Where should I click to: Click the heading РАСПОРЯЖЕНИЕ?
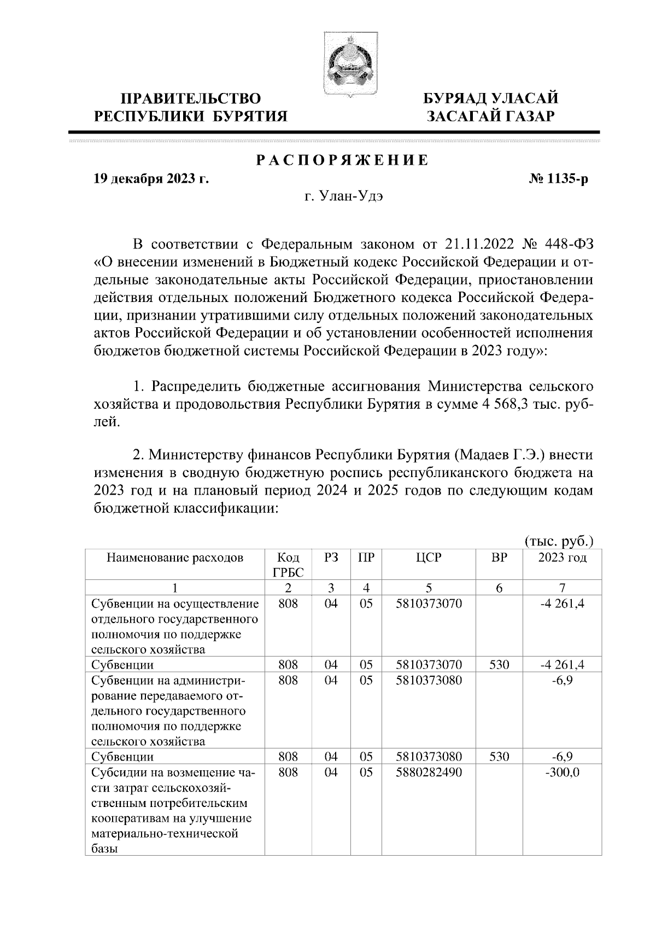(x=342, y=161)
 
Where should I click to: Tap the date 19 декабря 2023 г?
(x=151, y=179)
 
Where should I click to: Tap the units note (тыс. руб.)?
(x=559, y=541)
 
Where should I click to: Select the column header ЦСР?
(x=429, y=558)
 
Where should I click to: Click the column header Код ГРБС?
(x=288, y=565)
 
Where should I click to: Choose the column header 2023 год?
(x=562, y=558)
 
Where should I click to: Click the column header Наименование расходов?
(x=174, y=558)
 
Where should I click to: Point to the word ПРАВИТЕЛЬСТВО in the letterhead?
(x=191, y=99)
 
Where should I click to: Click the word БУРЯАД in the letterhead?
(x=455, y=99)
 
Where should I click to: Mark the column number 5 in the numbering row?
(x=429, y=588)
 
